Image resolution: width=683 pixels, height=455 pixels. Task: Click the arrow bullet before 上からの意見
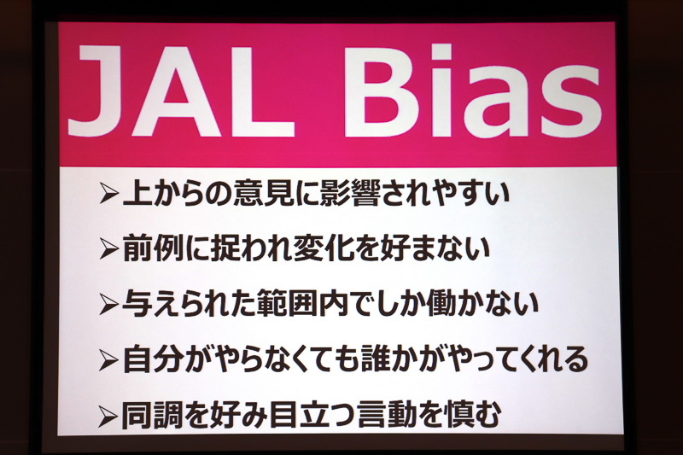[x=108, y=194]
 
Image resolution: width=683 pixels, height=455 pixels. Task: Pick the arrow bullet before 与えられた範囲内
[x=108, y=304]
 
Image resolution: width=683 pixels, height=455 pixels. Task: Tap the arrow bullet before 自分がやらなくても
[x=108, y=360]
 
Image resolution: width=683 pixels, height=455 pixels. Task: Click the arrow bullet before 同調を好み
[x=108, y=416]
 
